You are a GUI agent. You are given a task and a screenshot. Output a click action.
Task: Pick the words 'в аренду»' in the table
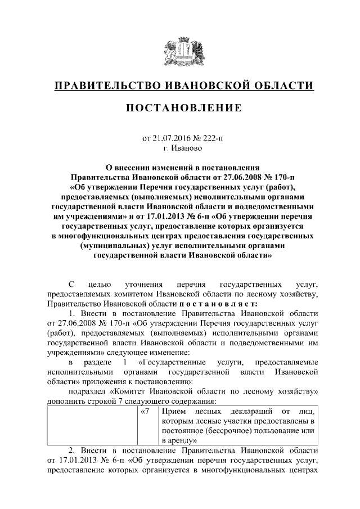click(178, 440)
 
